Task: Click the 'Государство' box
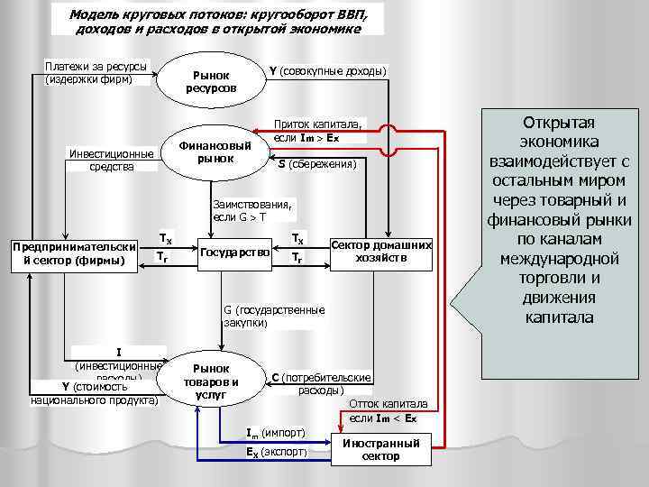tap(235, 253)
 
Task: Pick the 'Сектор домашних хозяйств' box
tap(382, 252)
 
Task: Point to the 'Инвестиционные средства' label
tap(111, 160)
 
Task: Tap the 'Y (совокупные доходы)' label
tap(327, 70)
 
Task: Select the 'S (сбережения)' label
tap(317, 164)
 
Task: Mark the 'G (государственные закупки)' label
tap(274, 316)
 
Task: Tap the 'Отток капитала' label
tap(388, 410)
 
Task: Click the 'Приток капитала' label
tap(317, 131)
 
